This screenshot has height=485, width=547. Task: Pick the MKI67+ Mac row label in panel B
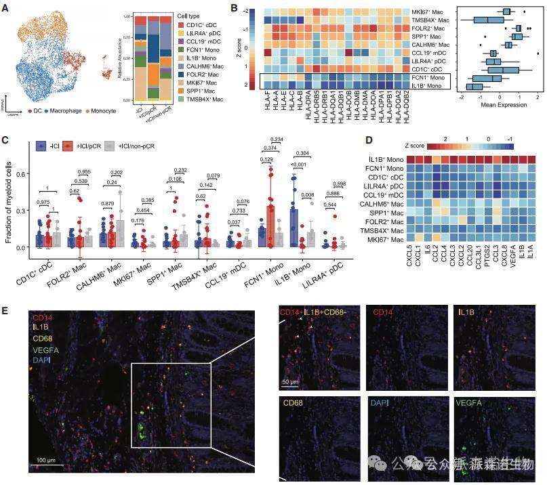(x=428, y=12)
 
